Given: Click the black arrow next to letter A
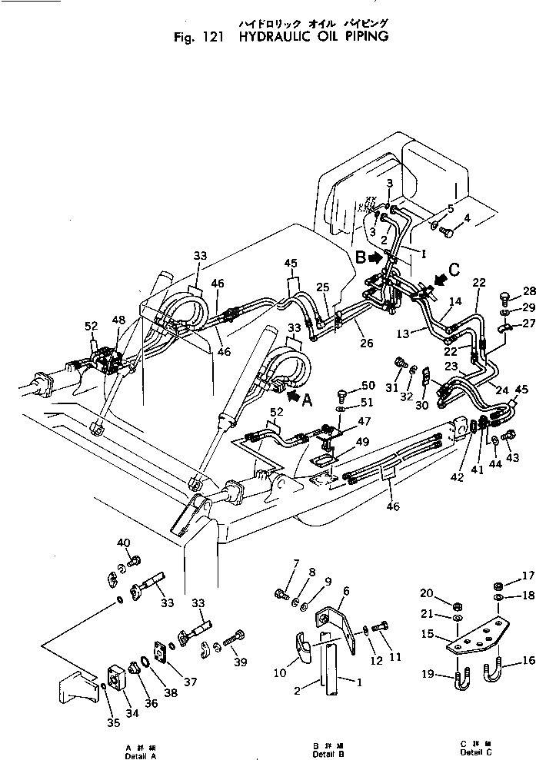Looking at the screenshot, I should click(x=295, y=396).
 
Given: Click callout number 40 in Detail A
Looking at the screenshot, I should click(x=123, y=543).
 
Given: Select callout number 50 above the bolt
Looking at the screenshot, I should click(x=368, y=385).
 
